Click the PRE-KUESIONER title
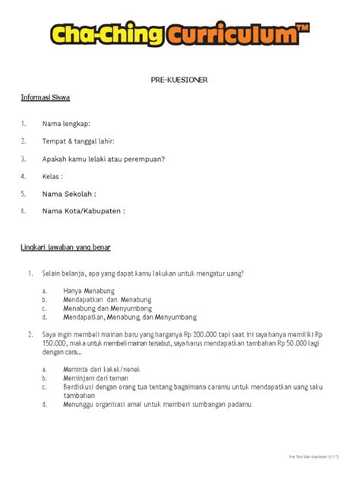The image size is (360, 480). click(x=180, y=80)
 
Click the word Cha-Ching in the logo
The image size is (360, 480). click(x=106, y=35)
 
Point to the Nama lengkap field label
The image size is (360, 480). click(x=66, y=123)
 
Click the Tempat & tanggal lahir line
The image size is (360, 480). click(x=79, y=141)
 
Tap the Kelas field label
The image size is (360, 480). click(x=52, y=176)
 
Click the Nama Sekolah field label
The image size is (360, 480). click(x=69, y=194)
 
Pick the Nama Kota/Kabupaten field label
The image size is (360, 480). click(x=83, y=211)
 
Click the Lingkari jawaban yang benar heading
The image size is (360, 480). click(x=66, y=248)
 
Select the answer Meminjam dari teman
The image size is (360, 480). click(x=96, y=377)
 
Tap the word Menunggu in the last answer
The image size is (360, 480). click(x=81, y=405)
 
